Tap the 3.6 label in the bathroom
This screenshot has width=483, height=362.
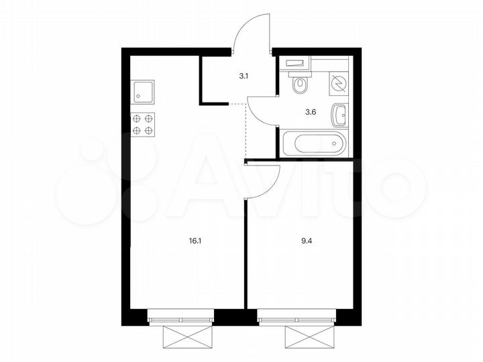click(311, 112)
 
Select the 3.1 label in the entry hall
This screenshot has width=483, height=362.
click(244, 76)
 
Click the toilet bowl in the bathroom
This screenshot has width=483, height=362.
click(301, 83)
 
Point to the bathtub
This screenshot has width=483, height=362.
click(314, 143)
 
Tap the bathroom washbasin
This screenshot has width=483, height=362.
click(340, 114)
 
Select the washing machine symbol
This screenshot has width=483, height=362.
click(339, 82)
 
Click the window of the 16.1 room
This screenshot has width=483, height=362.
click(180, 314)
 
